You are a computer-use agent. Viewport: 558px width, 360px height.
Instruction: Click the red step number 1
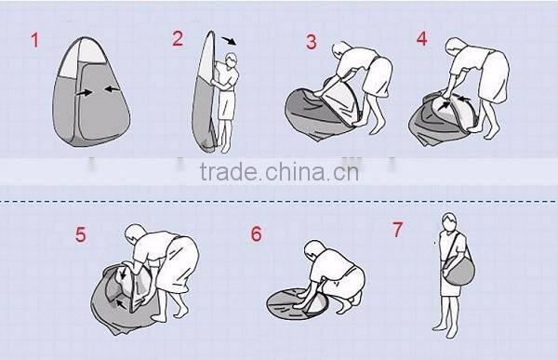click(x=36, y=41)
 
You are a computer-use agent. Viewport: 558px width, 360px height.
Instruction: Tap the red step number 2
click(x=178, y=38)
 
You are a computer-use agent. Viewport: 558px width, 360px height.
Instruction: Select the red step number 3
click(x=312, y=42)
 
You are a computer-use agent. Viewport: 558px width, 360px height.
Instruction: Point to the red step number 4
click(x=422, y=39)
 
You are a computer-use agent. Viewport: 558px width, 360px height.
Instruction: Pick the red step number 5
click(x=81, y=234)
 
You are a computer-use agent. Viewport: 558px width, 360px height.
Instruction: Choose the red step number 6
click(x=256, y=233)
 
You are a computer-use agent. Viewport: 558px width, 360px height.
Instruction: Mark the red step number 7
click(x=396, y=228)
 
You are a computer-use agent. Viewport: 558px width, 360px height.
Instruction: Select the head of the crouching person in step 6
click(x=316, y=256)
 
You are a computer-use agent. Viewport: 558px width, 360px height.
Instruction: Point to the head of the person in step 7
click(x=448, y=223)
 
